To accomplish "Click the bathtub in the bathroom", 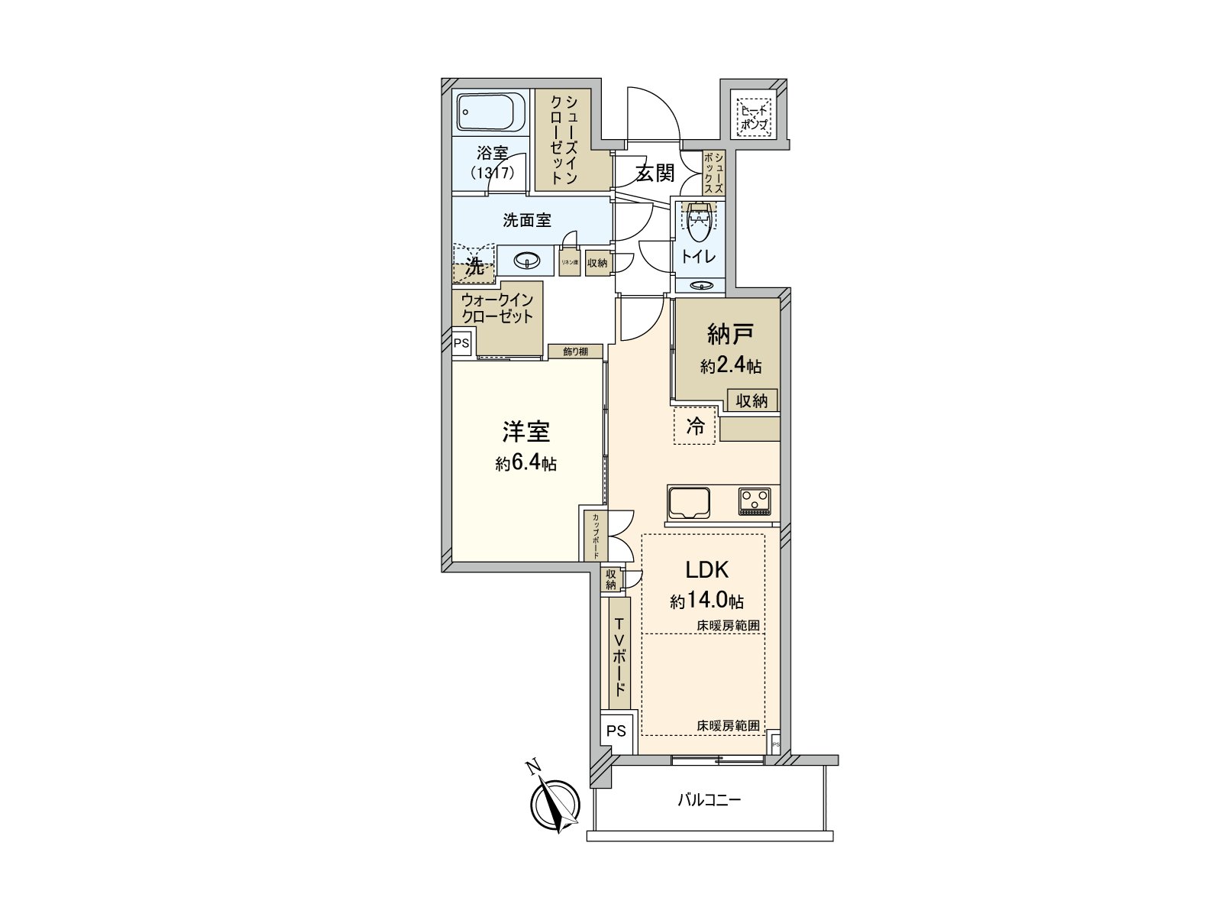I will (490, 114).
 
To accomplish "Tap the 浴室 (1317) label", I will (492, 163).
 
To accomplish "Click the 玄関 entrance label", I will (655, 173).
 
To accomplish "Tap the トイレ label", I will (698, 257).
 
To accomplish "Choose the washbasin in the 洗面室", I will (526, 261).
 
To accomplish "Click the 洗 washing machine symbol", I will (474, 267).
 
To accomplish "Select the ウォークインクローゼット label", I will (497, 308).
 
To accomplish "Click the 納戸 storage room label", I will (731, 335).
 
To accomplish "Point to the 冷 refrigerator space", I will (695, 426).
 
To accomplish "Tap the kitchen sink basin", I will (689, 502).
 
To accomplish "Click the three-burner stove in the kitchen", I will (755, 501).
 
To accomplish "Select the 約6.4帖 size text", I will (525, 463).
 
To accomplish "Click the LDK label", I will (706, 569).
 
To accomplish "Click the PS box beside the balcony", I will (616, 731).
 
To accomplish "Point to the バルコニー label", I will (710, 801).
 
